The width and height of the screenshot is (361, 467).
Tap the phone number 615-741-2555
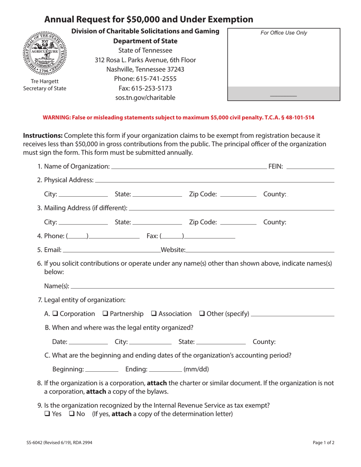click(145, 79)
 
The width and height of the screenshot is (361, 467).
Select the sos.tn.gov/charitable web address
click(145, 98)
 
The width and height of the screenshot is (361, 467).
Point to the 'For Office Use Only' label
click(283, 33)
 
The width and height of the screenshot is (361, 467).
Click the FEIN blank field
click(310, 166)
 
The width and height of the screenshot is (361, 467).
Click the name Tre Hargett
click(45, 81)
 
